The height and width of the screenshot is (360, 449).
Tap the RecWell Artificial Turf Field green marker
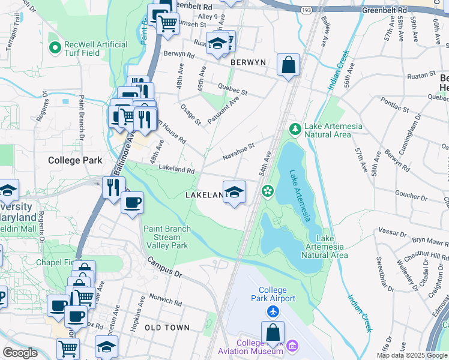55,46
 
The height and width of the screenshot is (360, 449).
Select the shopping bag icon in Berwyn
289,65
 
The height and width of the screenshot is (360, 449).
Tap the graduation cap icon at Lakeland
234,192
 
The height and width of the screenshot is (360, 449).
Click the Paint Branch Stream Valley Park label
167,237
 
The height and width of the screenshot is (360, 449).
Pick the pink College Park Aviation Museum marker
292,345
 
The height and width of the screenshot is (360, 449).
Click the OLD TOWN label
167,328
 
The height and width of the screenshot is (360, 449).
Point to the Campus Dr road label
164,269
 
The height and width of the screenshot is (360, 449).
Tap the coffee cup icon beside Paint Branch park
132,202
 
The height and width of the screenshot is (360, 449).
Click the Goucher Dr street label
411,194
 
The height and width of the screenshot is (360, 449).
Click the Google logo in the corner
20,353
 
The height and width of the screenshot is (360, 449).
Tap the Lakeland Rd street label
176,170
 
